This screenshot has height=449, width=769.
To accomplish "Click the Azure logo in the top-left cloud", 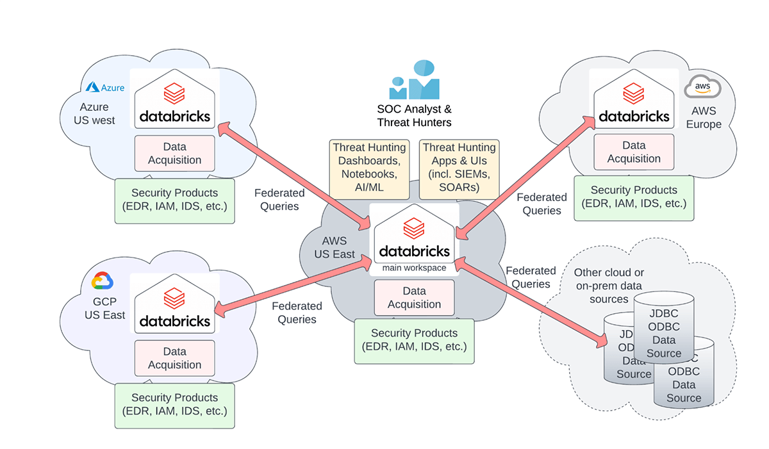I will [105, 87].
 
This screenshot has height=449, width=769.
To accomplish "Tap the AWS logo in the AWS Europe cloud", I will [702, 86].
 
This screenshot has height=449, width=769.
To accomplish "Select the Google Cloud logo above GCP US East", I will [102, 281].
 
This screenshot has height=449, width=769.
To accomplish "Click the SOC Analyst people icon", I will [414, 80].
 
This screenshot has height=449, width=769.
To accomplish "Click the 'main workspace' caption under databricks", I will [414, 268].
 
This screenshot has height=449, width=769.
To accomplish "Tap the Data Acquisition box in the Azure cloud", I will [174, 153].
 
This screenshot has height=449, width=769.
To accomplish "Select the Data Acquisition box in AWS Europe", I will [634, 152].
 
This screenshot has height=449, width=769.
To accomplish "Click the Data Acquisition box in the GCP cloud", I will [174, 358].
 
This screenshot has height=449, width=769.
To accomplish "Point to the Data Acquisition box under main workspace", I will [414, 297].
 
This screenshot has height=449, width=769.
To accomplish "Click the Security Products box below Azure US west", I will [174, 200].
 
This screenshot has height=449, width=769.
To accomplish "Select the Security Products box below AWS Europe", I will [634, 197].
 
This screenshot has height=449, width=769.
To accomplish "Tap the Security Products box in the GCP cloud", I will [174, 405].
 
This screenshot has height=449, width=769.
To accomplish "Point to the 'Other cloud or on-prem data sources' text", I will [609, 286].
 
